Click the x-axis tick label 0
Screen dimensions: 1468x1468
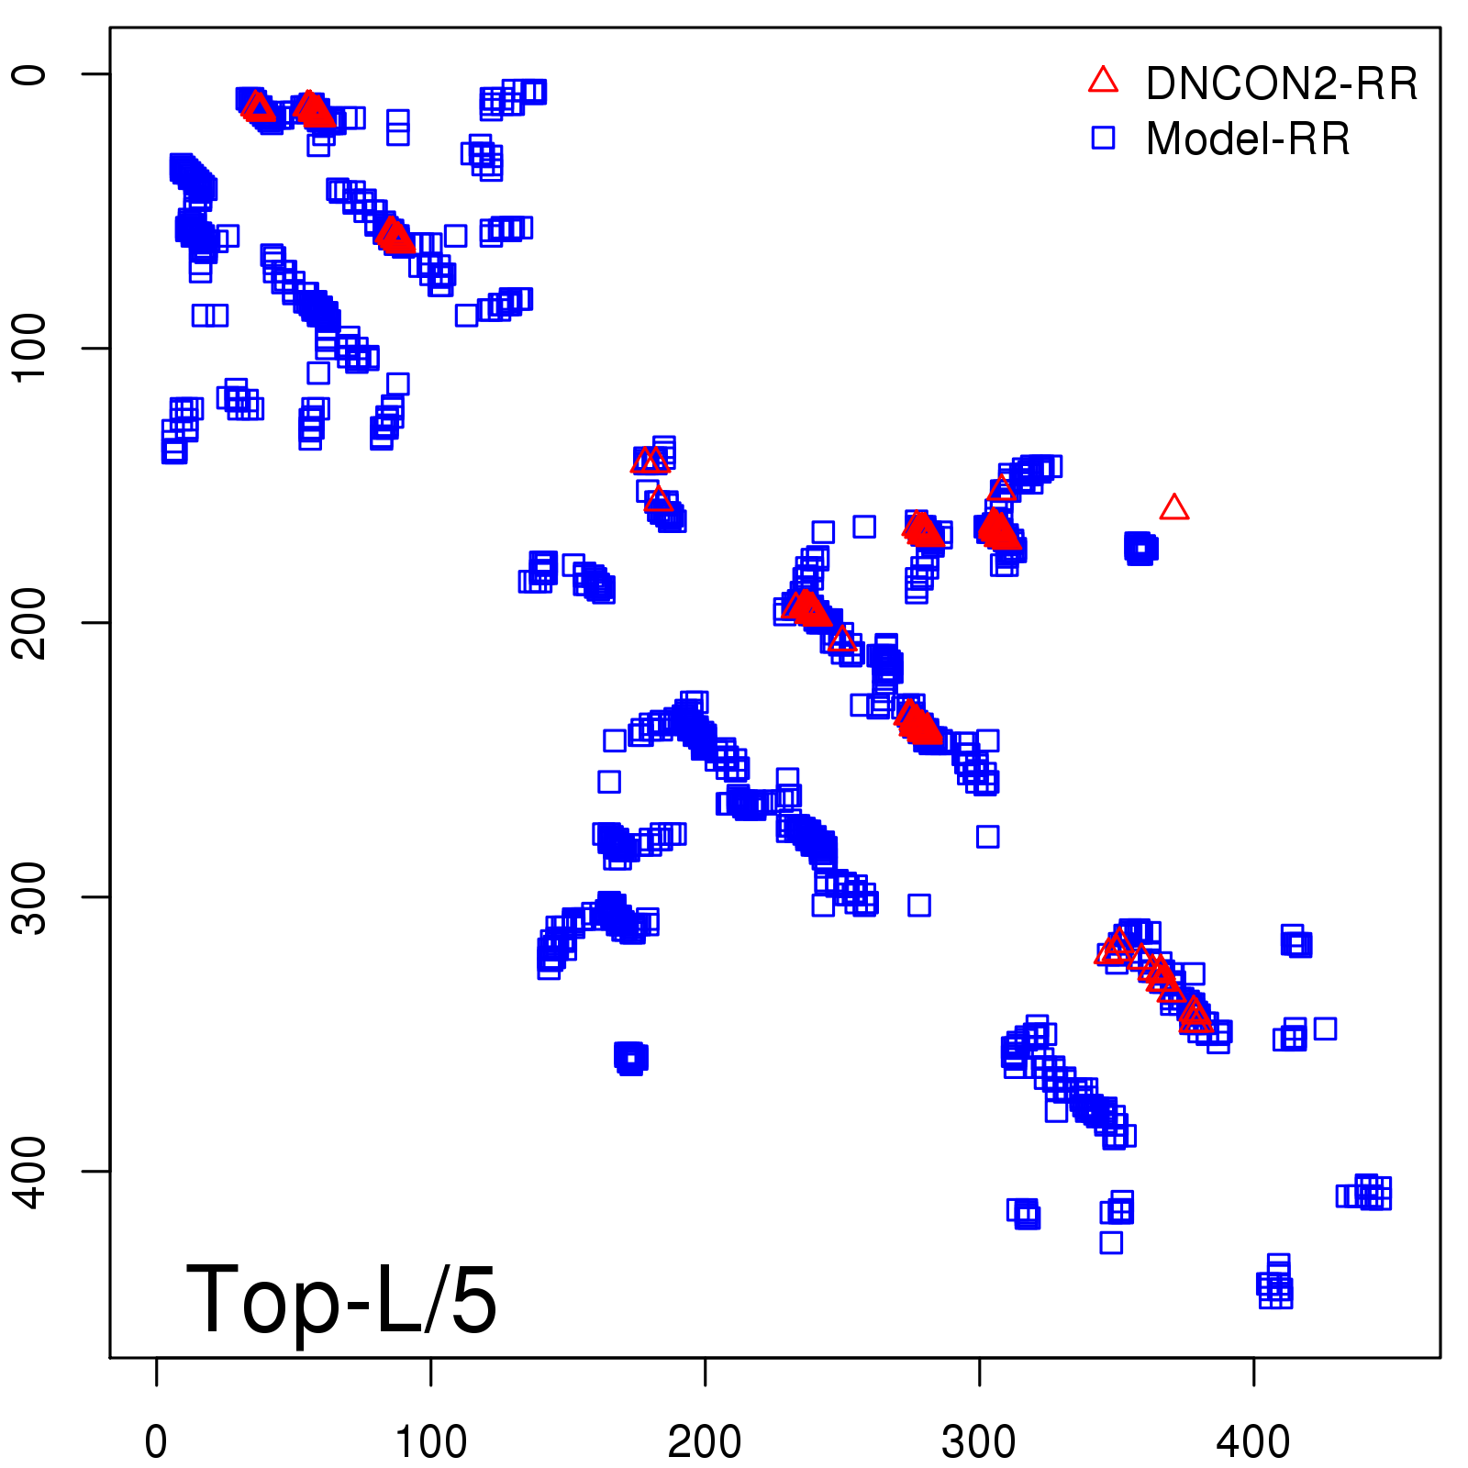(x=156, y=1441)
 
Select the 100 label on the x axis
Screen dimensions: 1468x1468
(x=430, y=1441)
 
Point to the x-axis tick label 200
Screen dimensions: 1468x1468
(x=705, y=1441)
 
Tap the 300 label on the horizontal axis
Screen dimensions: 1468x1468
(x=979, y=1441)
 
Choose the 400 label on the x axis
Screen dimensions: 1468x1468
(x=1253, y=1441)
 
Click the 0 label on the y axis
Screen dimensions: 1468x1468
(x=31, y=73)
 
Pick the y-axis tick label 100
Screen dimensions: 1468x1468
(x=31, y=348)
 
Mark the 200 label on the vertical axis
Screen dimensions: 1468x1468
(x=31, y=622)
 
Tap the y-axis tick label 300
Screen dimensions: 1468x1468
(x=31, y=896)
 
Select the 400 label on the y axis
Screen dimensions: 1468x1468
(x=31, y=1171)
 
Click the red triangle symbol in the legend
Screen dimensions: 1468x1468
(x=1103, y=81)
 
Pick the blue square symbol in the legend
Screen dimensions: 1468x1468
(x=1103, y=138)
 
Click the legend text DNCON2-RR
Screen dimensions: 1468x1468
(x=1282, y=83)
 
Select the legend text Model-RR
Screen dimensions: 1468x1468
(x=1248, y=139)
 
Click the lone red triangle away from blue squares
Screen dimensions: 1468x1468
(x=1174, y=507)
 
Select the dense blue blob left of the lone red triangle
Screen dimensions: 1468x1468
(x=1140, y=549)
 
